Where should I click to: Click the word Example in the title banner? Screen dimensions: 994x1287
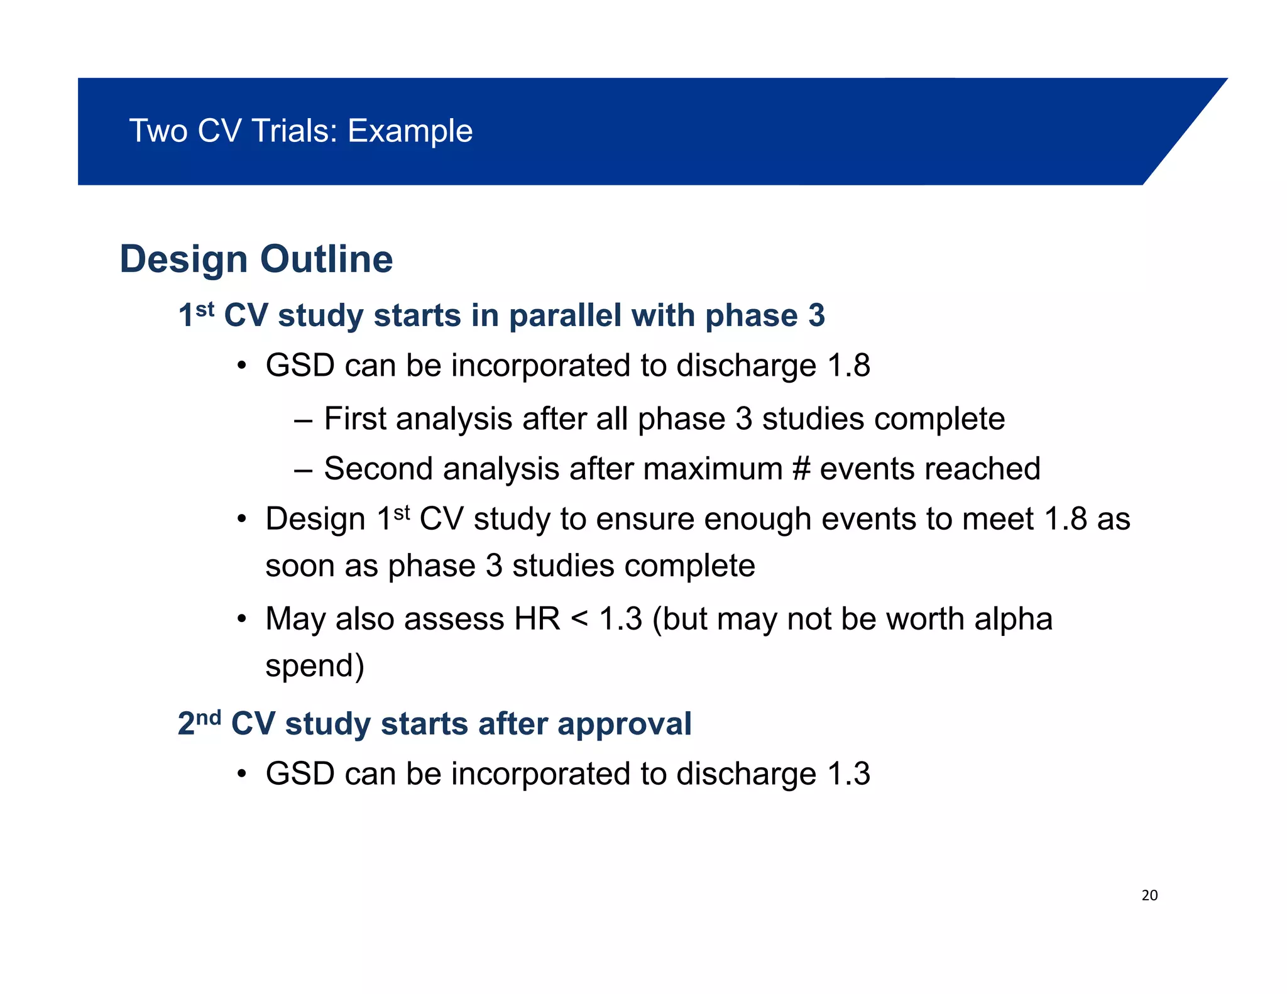(410, 131)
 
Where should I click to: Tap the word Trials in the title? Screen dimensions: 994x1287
(294, 131)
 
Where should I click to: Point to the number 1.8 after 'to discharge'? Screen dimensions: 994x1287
(848, 366)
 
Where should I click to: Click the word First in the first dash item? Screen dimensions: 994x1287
(354, 418)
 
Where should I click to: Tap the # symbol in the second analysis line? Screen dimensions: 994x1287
(801, 469)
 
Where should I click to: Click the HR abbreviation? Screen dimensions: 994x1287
(537, 619)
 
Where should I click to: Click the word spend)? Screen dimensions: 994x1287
(314, 666)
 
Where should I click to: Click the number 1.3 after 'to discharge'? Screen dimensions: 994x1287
(848, 773)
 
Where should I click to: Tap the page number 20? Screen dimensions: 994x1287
(1149, 895)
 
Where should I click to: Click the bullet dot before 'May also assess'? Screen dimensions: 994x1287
(241, 620)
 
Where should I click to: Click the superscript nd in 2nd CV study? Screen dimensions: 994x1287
(208, 717)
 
